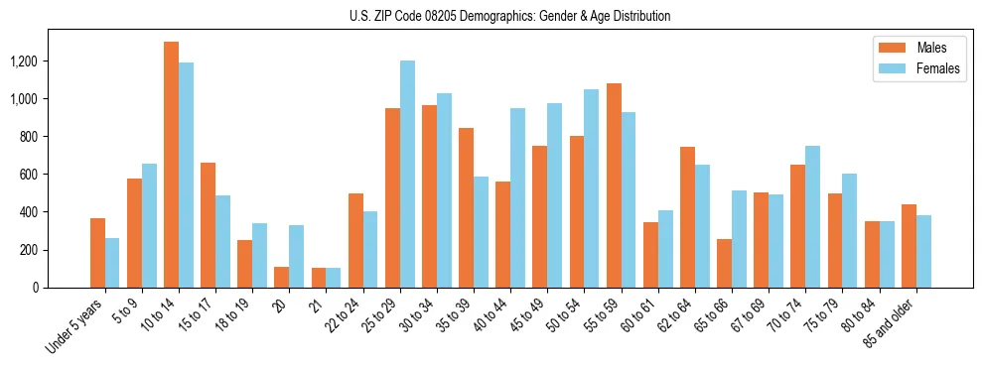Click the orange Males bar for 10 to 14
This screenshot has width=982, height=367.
[x=171, y=165]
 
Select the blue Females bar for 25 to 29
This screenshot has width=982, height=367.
[x=407, y=174]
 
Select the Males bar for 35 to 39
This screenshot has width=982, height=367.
[x=466, y=207]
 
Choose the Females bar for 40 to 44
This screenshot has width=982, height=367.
[x=517, y=197]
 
